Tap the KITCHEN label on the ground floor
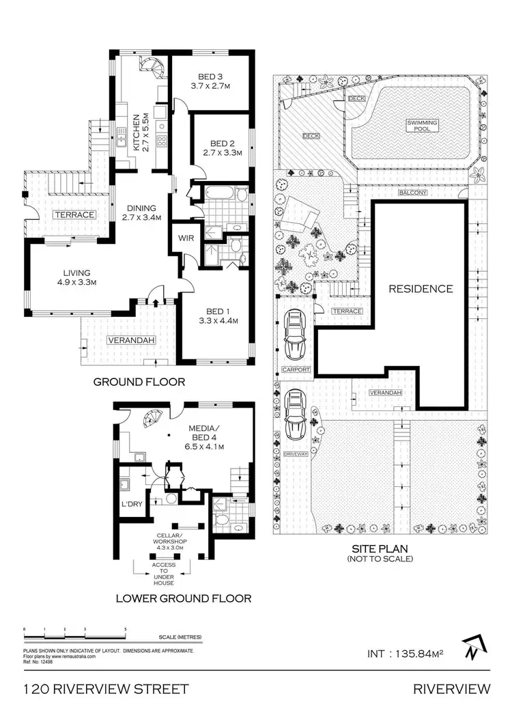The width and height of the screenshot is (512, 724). click(x=136, y=132)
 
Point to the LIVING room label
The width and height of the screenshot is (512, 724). click(x=66, y=270)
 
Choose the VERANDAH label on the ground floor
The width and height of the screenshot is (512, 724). click(x=127, y=340)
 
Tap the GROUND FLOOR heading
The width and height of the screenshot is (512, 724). click(x=139, y=381)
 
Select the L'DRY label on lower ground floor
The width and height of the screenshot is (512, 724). click(x=131, y=506)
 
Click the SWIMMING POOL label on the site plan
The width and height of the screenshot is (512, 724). click(x=423, y=124)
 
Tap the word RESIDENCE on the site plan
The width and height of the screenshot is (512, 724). click(x=421, y=288)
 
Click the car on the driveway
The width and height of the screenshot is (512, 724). click(x=296, y=414)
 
